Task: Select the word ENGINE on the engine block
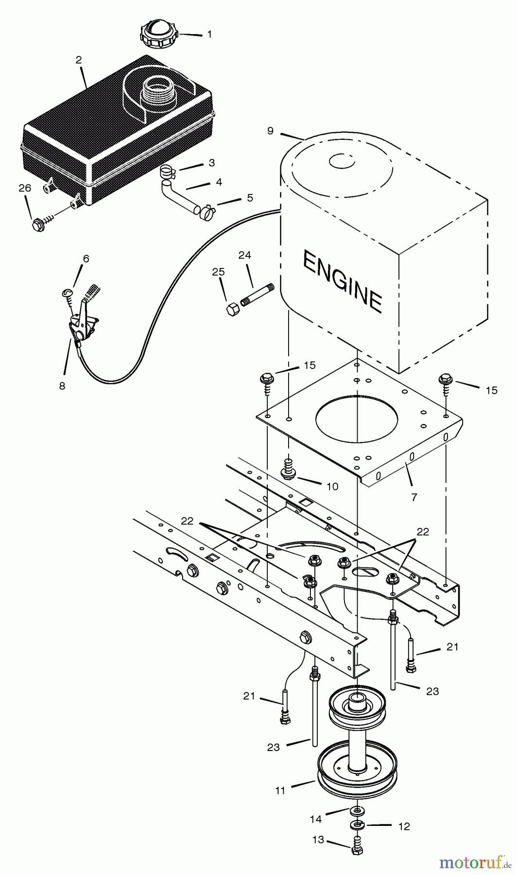tap(343, 282)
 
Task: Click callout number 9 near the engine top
tap(271, 131)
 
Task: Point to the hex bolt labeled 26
tap(37, 225)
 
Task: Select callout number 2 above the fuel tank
tap(79, 60)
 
